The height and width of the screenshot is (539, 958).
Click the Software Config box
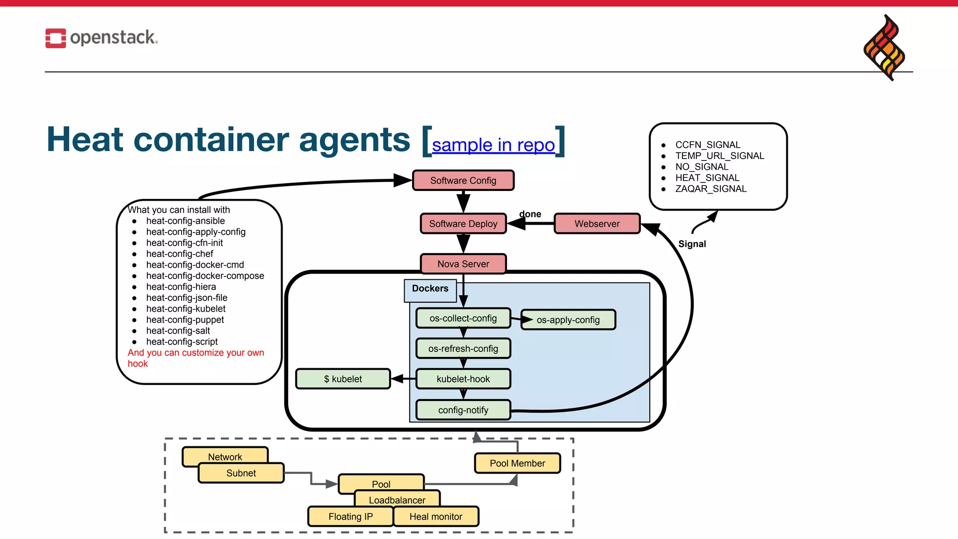pyautogui.click(x=463, y=181)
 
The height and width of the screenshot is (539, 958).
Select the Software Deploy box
pyautogui.click(x=463, y=224)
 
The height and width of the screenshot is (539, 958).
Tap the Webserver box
pyautogui.click(x=597, y=224)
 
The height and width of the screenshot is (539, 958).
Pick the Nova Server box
pyautogui.click(x=463, y=264)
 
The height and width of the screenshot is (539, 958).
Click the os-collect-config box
pyautogui.click(x=463, y=318)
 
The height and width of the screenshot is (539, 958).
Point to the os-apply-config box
pyautogui.click(x=568, y=320)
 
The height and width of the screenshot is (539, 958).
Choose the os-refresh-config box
pyautogui.click(x=463, y=349)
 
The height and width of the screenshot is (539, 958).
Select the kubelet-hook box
pyautogui.click(x=463, y=379)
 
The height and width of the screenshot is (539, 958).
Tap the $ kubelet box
pyautogui.click(x=343, y=379)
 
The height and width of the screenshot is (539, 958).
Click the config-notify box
pyautogui.click(x=463, y=410)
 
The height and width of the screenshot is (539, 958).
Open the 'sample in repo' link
pyautogui.click(x=493, y=145)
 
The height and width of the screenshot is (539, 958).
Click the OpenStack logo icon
pyautogui.click(x=56, y=38)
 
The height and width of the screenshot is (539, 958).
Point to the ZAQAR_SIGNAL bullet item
pyautogui.click(x=711, y=189)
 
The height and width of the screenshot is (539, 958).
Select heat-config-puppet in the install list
pyautogui.click(x=185, y=320)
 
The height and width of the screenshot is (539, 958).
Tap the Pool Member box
pyautogui.click(x=517, y=463)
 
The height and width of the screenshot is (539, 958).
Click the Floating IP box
pyautogui.click(x=350, y=517)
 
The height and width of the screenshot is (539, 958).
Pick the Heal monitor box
pyautogui.click(x=436, y=517)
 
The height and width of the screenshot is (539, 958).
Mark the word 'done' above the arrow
pyautogui.click(x=530, y=214)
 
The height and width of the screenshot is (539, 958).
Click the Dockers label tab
pyautogui.click(x=430, y=289)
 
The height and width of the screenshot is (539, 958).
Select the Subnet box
pyautogui.click(x=241, y=473)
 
